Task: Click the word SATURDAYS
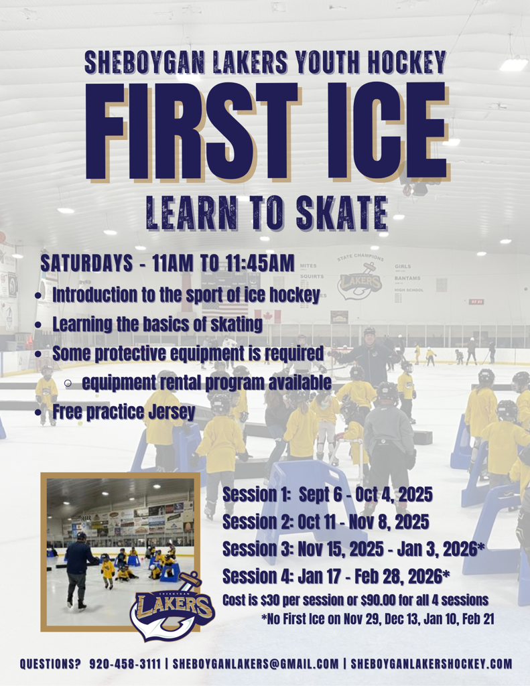coord(86,263)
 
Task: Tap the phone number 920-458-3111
coord(125,664)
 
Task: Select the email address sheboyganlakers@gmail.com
coord(255,664)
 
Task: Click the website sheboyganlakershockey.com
coord(432,664)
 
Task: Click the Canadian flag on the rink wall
coord(267,316)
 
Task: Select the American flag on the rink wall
coord(224,310)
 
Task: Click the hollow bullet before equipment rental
coord(68,384)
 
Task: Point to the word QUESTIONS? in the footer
coord(50,664)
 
